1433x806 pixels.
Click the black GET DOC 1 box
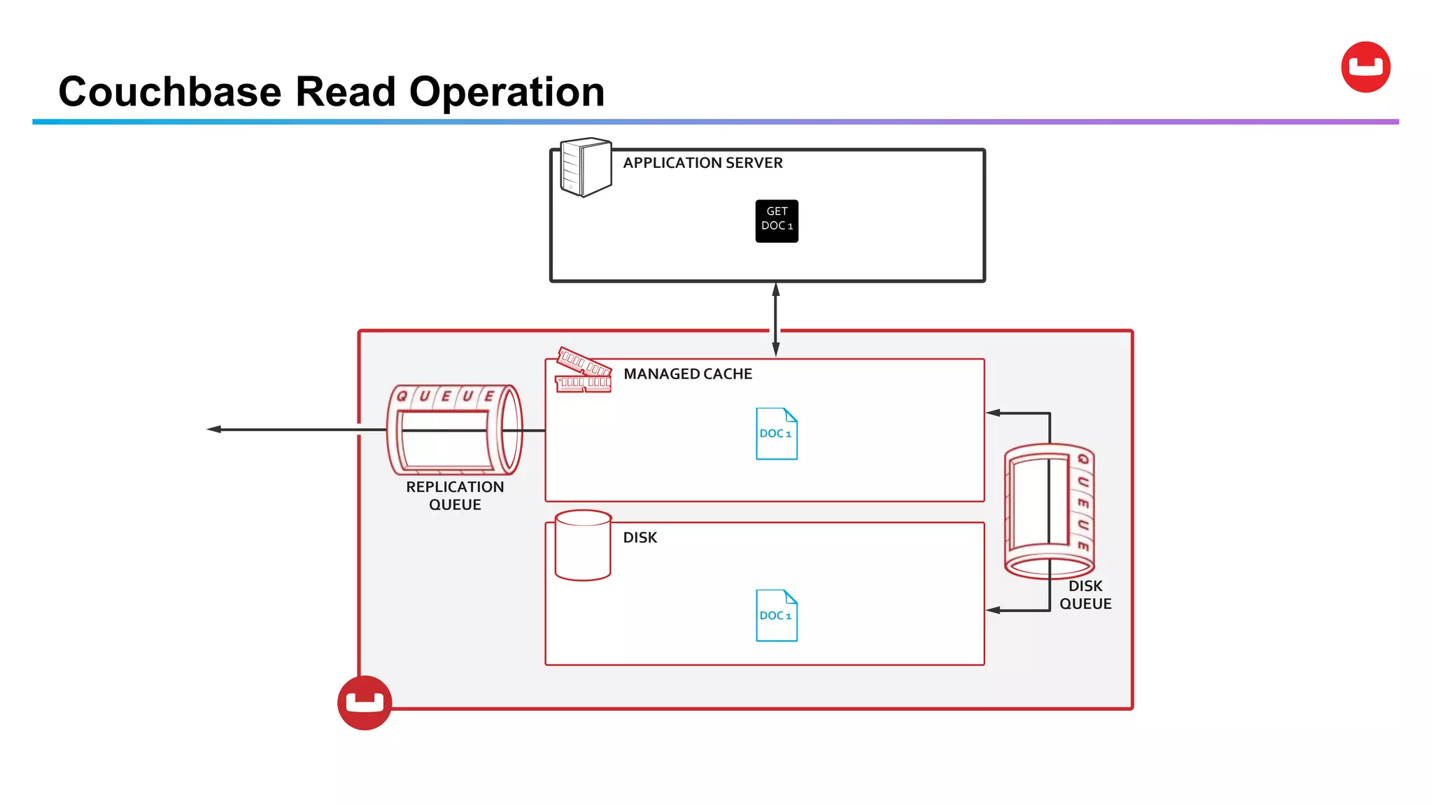(777, 221)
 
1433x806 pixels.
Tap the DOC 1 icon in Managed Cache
(777, 434)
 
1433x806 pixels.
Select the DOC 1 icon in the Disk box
(777, 616)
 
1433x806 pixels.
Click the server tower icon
(586, 167)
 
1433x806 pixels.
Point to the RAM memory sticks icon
(584, 371)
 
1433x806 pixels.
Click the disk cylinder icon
(583, 545)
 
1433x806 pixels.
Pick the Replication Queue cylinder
(455, 430)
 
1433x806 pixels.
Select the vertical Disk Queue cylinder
(1049, 511)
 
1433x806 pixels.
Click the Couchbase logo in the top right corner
(1365, 67)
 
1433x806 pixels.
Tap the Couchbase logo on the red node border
(365, 702)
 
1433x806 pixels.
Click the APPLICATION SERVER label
(703, 163)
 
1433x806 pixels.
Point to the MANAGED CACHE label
(688, 374)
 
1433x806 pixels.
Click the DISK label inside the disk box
(640, 537)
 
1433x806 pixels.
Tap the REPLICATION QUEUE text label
(455, 495)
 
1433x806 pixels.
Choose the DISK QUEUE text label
(1085, 595)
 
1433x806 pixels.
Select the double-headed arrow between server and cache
(775, 319)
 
